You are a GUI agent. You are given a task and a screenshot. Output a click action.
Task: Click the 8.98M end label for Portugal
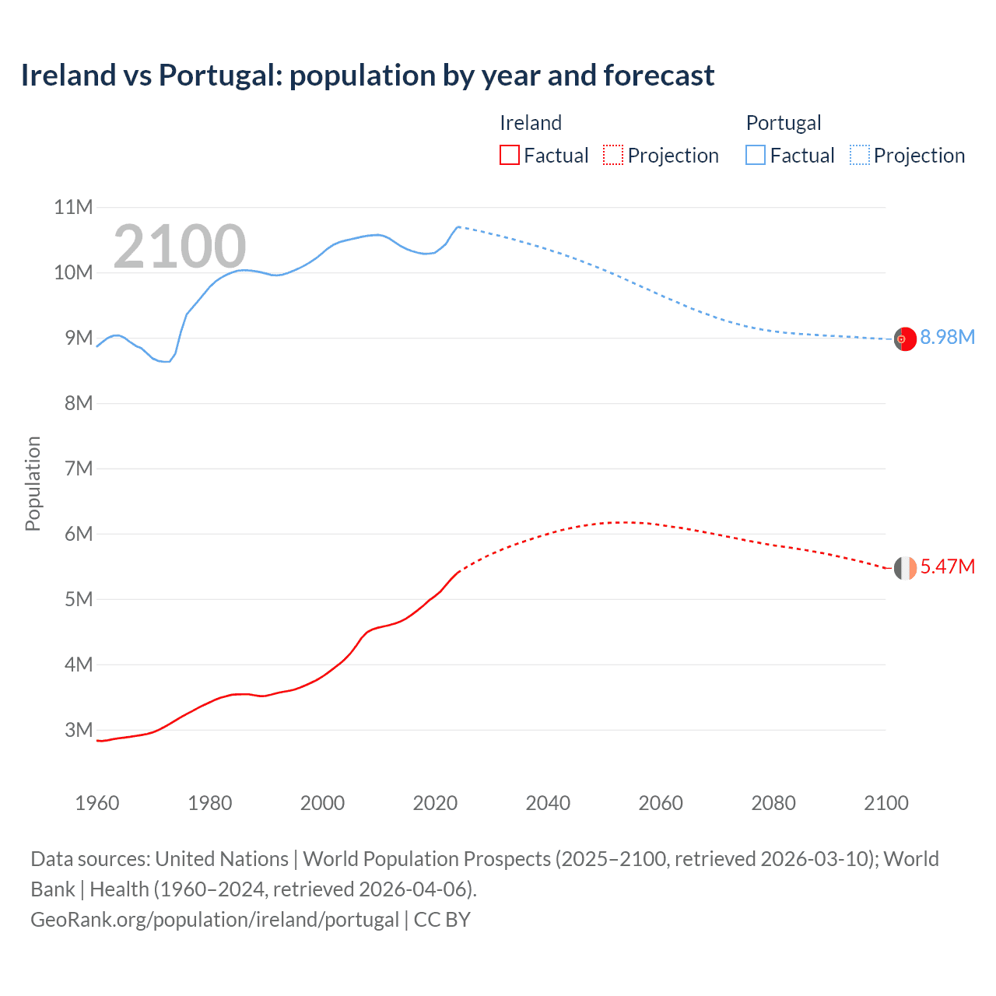(x=947, y=338)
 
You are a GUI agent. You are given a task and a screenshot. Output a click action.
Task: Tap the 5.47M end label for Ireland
(x=947, y=567)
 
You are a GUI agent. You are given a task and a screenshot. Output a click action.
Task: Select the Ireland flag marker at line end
(x=905, y=568)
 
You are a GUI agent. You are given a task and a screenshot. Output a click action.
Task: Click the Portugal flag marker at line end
(x=905, y=339)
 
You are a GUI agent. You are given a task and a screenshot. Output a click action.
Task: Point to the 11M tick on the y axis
(x=73, y=208)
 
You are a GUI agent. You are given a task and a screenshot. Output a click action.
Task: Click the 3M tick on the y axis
(x=79, y=730)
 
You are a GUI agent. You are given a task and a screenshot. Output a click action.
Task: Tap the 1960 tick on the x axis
(x=97, y=803)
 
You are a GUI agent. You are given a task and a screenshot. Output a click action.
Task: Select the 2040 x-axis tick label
(x=548, y=803)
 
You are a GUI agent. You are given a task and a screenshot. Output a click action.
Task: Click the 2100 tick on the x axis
(x=886, y=803)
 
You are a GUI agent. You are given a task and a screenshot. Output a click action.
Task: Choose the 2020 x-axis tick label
(x=435, y=803)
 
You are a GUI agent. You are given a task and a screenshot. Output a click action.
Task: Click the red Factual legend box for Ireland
(x=509, y=156)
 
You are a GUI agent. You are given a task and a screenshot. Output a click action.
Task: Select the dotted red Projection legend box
(x=613, y=156)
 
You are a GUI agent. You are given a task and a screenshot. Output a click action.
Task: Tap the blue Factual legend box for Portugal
(x=756, y=156)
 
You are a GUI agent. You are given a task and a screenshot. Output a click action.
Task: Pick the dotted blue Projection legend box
(x=859, y=156)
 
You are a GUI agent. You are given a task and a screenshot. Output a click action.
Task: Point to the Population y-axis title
(x=33, y=483)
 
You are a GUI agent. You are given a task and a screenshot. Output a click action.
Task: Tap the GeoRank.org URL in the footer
(x=214, y=920)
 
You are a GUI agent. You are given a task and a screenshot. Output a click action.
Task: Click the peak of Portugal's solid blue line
(x=458, y=226)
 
